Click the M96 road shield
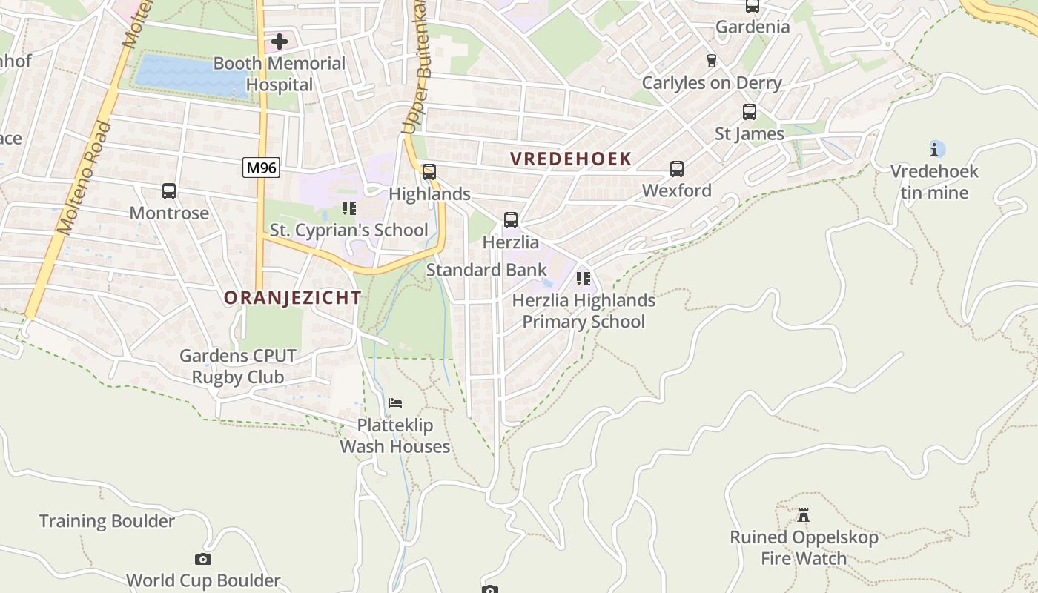(261, 168)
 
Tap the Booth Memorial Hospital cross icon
(280, 42)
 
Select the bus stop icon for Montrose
(169, 191)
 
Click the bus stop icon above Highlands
(429, 172)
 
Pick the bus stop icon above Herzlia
(510, 220)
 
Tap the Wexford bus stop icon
(676, 169)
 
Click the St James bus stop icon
(750, 112)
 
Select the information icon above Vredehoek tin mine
(934, 150)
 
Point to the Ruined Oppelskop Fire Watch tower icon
(803, 514)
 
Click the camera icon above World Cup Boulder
(202, 559)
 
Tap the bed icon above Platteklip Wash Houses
(395, 403)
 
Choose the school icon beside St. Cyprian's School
(348, 208)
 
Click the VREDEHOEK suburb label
(571, 159)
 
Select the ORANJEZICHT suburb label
(293, 298)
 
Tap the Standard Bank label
(486, 270)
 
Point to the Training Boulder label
(107, 521)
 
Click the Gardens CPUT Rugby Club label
(238, 366)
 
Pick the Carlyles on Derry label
(711, 82)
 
